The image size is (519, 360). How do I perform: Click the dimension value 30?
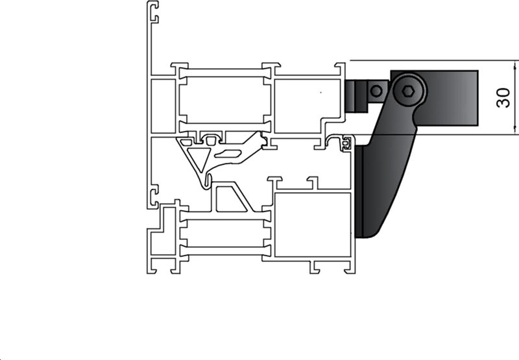pos(503,97)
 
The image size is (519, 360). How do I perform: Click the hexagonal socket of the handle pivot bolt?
pos(407,92)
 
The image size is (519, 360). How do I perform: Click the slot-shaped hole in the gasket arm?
pos(227,152)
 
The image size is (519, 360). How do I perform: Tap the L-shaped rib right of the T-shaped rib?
pos(313,182)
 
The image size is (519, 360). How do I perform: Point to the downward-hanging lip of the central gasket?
pos(206,182)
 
